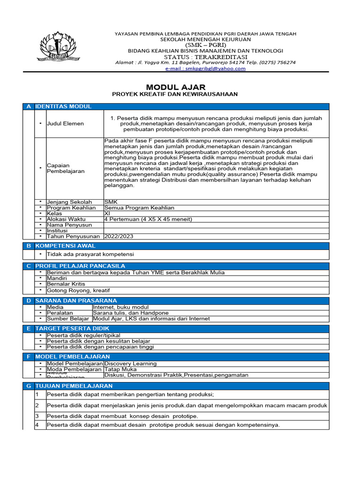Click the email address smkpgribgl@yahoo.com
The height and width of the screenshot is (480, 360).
click(x=206, y=68)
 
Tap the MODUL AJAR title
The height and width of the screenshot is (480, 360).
click(x=174, y=87)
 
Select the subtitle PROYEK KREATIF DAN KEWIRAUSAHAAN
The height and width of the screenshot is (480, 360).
click(x=174, y=94)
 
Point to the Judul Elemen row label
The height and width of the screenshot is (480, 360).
click(x=65, y=124)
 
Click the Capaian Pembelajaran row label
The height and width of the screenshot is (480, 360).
click(x=66, y=168)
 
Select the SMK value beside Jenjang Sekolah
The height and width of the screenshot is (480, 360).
click(x=111, y=202)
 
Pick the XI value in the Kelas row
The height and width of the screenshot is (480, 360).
click(x=107, y=213)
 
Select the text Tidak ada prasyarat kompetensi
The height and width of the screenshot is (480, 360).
click(x=90, y=254)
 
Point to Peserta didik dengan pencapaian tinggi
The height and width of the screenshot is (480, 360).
click(x=100, y=347)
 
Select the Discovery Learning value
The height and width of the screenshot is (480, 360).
click(x=130, y=363)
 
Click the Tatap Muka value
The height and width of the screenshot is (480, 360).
click(x=120, y=369)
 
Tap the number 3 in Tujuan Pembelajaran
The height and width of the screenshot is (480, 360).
click(x=37, y=416)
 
